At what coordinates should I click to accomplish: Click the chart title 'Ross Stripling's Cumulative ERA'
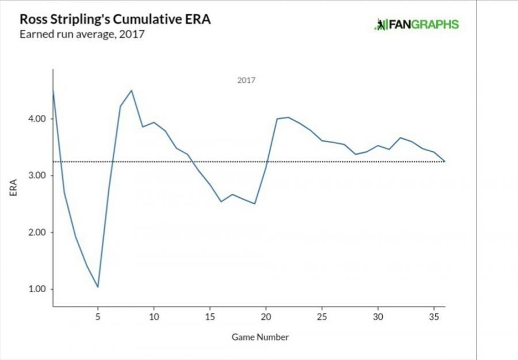coord(115,19)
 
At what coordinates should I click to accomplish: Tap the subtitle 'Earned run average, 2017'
coord(82,34)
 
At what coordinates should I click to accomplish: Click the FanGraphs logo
coord(417,24)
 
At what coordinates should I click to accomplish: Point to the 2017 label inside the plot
coord(246,81)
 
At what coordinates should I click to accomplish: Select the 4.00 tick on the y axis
coord(36,119)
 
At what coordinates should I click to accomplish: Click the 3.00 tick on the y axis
coord(36,175)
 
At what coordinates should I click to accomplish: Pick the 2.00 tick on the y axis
coord(36,232)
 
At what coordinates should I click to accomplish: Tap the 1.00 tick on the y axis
coord(36,289)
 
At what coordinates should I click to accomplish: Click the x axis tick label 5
coord(98,316)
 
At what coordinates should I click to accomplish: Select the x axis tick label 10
coord(154,316)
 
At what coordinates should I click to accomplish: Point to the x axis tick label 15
coord(210,316)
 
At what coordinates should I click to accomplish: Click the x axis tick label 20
coord(266,316)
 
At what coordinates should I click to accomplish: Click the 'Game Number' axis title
coord(260,337)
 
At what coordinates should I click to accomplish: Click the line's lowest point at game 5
coord(98,287)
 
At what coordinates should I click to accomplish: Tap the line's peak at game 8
coord(132,90)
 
